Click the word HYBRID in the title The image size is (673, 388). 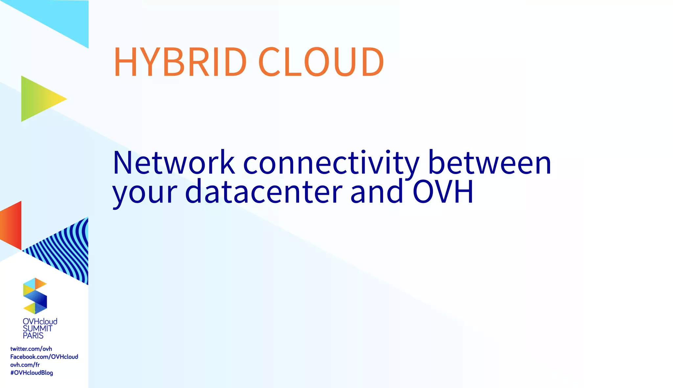(x=180, y=62)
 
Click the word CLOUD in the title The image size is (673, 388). (x=321, y=62)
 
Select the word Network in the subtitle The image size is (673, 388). (x=174, y=162)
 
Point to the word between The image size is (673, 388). (x=490, y=162)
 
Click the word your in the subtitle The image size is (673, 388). (x=145, y=192)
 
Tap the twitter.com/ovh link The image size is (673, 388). (x=31, y=349)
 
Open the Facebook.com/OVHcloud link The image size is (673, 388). (x=44, y=357)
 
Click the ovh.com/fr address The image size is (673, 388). (x=25, y=365)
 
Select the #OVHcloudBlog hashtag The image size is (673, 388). (x=32, y=373)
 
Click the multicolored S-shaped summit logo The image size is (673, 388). (x=35, y=296)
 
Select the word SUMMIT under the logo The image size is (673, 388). (x=37, y=328)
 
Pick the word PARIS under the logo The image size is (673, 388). (x=33, y=336)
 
